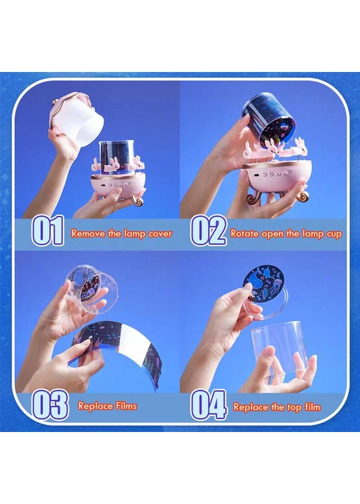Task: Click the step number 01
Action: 47,230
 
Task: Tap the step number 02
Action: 208,230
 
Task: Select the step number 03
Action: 50,405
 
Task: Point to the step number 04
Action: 209,405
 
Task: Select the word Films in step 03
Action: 126,406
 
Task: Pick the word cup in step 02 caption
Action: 334,234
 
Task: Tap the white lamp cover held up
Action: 77,118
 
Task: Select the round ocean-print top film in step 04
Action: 265,283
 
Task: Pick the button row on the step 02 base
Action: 275,174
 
